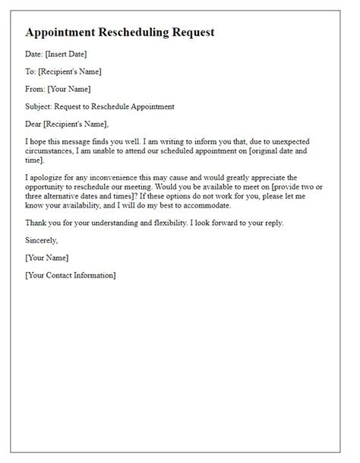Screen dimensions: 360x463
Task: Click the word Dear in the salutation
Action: (35, 125)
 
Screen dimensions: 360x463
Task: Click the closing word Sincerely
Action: (41, 240)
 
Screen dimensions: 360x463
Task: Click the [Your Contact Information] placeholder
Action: (71, 274)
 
